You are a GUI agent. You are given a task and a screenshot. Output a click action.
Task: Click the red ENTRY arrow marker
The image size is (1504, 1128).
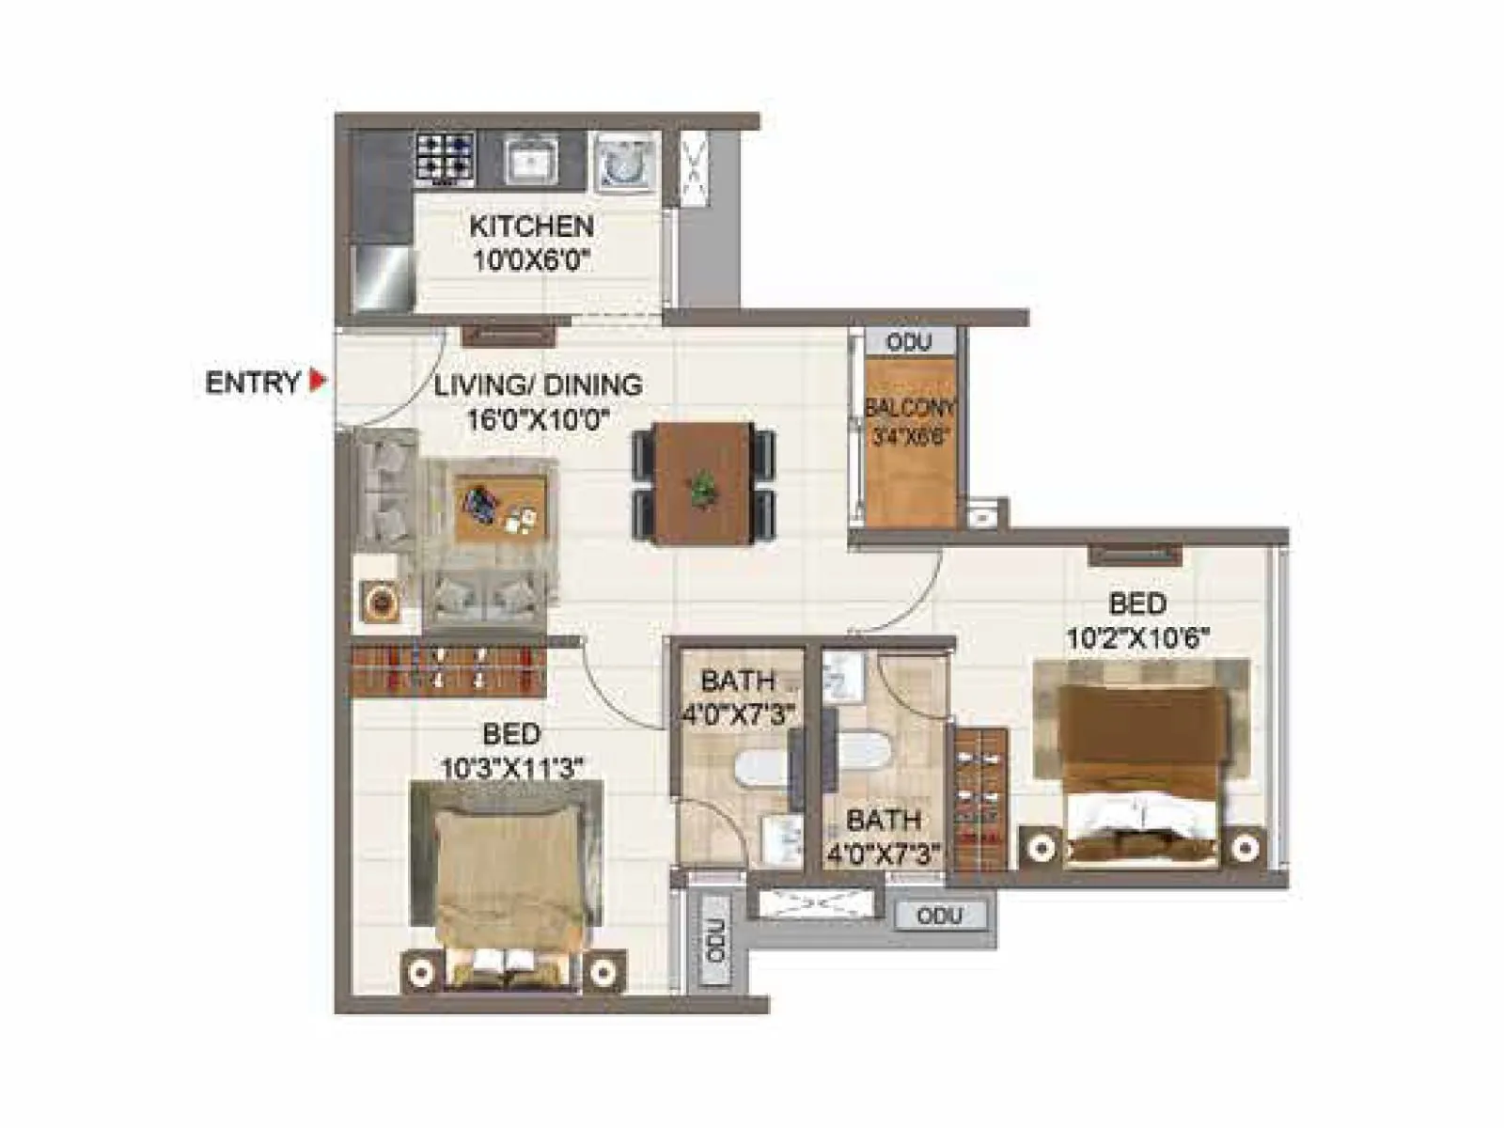point(318,381)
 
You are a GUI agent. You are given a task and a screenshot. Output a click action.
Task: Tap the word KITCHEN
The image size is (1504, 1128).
point(531,227)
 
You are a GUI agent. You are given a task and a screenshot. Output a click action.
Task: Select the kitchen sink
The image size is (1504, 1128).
point(531,159)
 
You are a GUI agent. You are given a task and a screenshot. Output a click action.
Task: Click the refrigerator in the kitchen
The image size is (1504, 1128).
point(384,278)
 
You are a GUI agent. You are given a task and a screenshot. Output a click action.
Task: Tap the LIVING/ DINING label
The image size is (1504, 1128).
point(538,384)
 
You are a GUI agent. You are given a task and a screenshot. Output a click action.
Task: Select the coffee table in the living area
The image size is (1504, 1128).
point(500,508)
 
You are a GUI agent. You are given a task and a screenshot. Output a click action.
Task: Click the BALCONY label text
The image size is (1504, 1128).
point(909,408)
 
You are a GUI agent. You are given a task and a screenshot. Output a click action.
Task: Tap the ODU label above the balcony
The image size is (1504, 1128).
point(909,341)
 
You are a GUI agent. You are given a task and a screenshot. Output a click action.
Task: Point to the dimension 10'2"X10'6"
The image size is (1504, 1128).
point(1137,638)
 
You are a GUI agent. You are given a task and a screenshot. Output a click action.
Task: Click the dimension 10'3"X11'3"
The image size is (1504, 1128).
point(512,768)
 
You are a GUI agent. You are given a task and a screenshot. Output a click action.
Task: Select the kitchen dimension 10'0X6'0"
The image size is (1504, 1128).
point(531,260)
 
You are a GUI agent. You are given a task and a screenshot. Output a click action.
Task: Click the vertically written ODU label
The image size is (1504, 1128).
point(715,941)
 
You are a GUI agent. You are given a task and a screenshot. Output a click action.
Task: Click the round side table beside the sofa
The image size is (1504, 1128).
point(382,603)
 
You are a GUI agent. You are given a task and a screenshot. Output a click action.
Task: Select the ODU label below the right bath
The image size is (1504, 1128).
point(938,916)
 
